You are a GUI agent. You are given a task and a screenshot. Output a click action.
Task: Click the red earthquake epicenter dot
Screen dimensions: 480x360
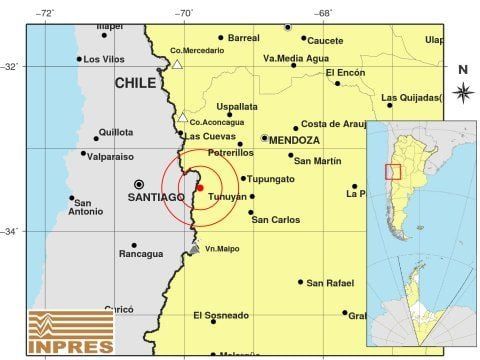click(x=200, y=187)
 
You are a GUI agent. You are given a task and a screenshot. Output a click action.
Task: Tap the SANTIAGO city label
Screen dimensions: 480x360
click(x=156, y=197)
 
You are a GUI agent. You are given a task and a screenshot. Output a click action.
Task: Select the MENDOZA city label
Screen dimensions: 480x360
click(x=293, y=141)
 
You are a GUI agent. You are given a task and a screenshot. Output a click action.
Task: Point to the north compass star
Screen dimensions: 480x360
click(x=463, y=92)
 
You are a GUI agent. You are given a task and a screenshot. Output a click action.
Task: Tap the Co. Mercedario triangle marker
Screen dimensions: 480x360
click(x=177, y=64)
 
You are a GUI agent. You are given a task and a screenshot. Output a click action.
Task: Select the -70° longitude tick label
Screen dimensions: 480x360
click(x=184, y=13)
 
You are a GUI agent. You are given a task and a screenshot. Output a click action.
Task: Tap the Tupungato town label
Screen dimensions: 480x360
click(x=271, y=179)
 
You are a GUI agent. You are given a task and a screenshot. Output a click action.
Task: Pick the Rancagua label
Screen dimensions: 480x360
click(x=141, y=253)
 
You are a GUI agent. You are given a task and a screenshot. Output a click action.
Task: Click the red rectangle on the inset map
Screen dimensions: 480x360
click(x=393, y=171)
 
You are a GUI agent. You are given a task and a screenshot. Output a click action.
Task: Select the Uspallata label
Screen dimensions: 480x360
click(x=237, y=106)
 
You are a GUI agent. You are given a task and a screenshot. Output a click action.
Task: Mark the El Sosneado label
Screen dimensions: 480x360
click(x=221, y=315)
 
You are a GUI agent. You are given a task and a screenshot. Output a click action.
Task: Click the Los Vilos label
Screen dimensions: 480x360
click(x=104, y=59)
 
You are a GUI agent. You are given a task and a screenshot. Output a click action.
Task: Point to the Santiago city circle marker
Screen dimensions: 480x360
click(x=139, y=184)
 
